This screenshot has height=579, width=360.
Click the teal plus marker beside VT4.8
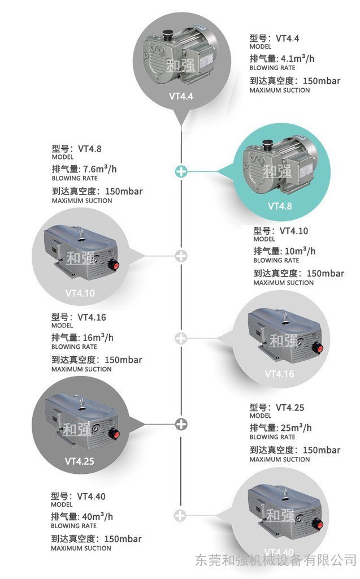point(181,170)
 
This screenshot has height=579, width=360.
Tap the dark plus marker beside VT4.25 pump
point(181,424)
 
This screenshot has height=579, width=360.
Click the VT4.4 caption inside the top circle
point(181,96)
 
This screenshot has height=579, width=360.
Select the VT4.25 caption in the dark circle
point(80,461)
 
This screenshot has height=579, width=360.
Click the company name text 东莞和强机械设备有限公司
point(276,560)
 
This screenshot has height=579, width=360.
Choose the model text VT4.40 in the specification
point(92,496)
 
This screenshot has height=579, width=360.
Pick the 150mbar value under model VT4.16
point(123,360)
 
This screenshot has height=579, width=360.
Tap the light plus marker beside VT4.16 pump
point(181,338)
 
